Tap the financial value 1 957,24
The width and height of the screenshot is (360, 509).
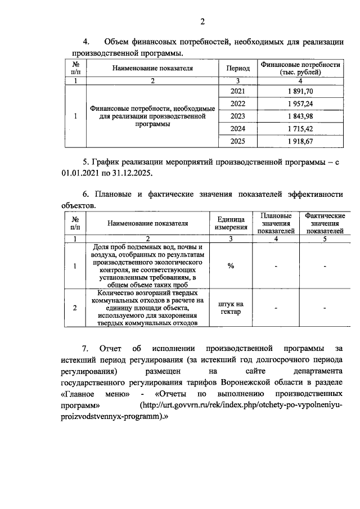coord(300,104)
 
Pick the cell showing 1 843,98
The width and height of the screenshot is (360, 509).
coord(300,116)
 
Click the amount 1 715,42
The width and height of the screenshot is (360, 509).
coord(300,129)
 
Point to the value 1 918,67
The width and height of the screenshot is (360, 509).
coord(300,141)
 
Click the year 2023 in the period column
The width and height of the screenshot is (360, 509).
coord(238,116)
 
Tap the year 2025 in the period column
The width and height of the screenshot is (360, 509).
coord(238,141)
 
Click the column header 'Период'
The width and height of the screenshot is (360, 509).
coord(238,68)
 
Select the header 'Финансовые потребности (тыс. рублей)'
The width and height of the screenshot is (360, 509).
coord(300,68)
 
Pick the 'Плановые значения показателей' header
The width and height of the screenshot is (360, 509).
coord(276,223)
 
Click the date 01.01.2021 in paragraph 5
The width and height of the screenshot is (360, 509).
coord(78,173)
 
